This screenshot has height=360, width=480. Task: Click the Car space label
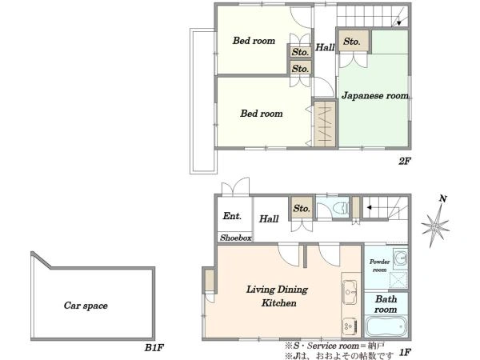pyautogui.click(x=86, y=306)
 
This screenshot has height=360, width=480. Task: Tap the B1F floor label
pyautogui.click(x=154, y=348)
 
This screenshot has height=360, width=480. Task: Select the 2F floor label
pyautogui.click(x=404, y=161)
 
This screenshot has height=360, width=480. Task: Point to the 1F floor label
pyautogui.click(x=404, y=352)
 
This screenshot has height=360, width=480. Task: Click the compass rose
pyautogui.click(x=435, y=226)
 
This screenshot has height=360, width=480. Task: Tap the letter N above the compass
pyautogui.click(x=442, y=199)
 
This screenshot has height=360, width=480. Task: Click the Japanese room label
pyautogui.click(x=374, y=96)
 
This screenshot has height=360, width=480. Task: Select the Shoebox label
pyautogui.click(x=236, y=238)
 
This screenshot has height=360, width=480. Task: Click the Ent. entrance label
pyautogui.click(x=232, y=216)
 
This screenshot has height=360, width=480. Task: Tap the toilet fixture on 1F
pyautogui.click(x=342, y=209)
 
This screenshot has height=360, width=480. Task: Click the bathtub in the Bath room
pyautogui.click(x=386, y=326)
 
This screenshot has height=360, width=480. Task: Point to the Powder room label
pyautogui.click(x=379, y=266)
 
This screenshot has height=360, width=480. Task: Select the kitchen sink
pyautogui.click(x=350, y=292)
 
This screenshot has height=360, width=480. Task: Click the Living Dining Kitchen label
pyautogui.click(x=278, y=296)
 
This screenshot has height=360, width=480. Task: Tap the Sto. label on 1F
pyautogui.click(x=302, y=209)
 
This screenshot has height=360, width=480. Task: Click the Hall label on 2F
pyautogui.click(x=325, y=47)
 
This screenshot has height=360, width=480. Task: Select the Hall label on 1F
pyautogui.click(x=269, y=219)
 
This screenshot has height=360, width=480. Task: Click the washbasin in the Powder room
pyautogui.click(x=400, y=258)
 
